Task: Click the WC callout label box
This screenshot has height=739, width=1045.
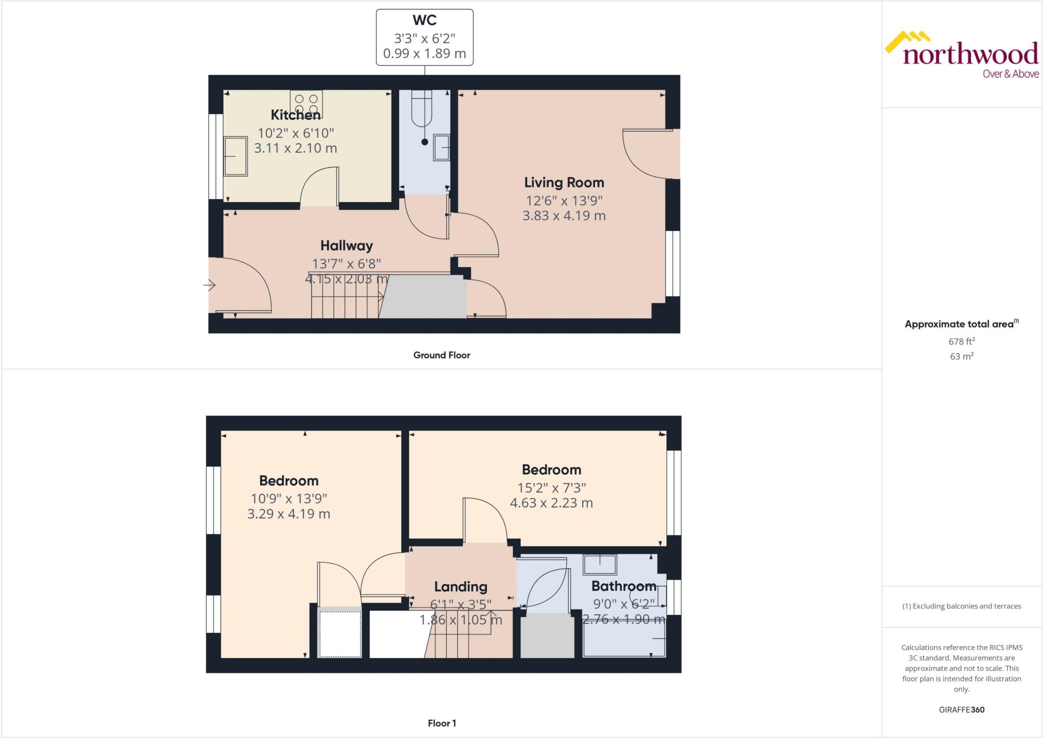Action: pyautogui.click(x=425, y=37)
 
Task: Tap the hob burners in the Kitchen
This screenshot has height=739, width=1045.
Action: pyautogui.click(x=306, y=104)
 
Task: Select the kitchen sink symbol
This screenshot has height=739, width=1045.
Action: pyautogui.click(x=235, y=156)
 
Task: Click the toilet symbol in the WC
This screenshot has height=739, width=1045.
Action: pyautogui.click(x=422, y=109)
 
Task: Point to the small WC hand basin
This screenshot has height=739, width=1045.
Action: pyautogui.click(x=442, y=148)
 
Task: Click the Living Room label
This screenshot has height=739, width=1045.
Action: pyautogui.click(x=564, y=182)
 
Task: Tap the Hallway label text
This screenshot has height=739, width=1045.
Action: pyautogui.click(x=346, y=246)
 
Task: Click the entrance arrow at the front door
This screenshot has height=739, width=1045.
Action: pyautogui.click(x=210, y=285)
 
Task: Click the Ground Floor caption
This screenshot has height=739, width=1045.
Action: pyautogui.click(x=441, y=355)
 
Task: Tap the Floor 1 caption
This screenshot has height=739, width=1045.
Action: pyautogui.click(x=441, y=723)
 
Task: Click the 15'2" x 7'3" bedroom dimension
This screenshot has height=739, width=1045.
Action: pyautogui.click(x=551, y=488)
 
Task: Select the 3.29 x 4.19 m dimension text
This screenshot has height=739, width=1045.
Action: pyautogui.click(x=288, y=514)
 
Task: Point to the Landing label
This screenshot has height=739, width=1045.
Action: pyautogui.click(x=460, y=587)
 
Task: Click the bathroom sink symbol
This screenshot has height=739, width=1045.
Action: pyautogui.click(x=600, y=565)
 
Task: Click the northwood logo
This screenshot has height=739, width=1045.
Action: pyautogui.click(x=962, y=55)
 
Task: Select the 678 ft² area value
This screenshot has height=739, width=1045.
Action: pyautogui.click(x=961, y=341)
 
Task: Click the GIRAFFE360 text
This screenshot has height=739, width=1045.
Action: pyautogui.click(x=961, y=709)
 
